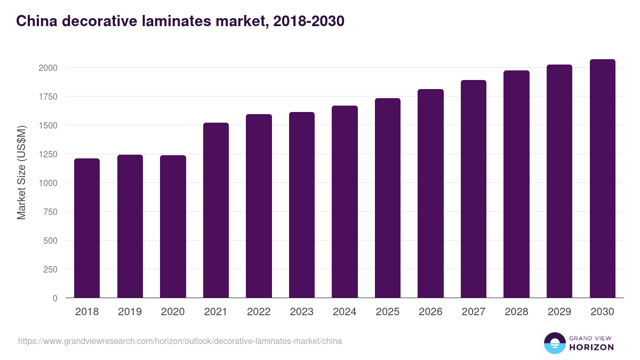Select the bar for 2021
point(215,210)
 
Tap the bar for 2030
point(602,179)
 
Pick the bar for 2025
point(387,198)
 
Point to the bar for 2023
point(301,205)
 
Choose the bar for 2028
point(516,184)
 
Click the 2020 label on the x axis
point(173,312)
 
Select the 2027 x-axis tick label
point(473,312)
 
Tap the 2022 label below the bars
point(259,312)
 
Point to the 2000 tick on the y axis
point(47,68)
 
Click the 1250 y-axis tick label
point(47,154)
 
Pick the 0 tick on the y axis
point(54,298)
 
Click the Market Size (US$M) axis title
point(21,172)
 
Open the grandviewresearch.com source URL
point(180,341)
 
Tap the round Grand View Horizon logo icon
point(554,343)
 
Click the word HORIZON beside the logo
point(591,347)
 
